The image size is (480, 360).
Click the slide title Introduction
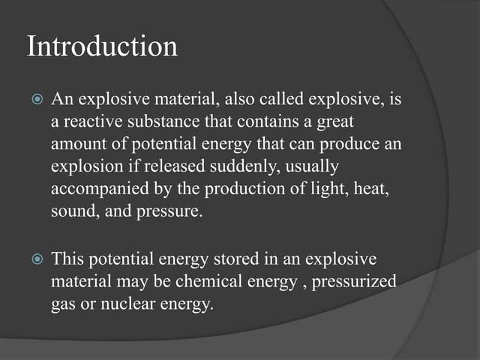click(x=103, y=46)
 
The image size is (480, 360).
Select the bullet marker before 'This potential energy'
click(x=35, y=259)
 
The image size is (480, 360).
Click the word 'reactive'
click(x=91, y=121)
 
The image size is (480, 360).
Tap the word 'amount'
click(x=77, y=144)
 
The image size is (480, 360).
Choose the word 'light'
click(x=309, y=189)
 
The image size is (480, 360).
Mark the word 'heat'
click(x=370, y=189)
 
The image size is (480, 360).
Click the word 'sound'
click(x=71, y=211)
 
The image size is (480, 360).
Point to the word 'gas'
click(x=62, y=306)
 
